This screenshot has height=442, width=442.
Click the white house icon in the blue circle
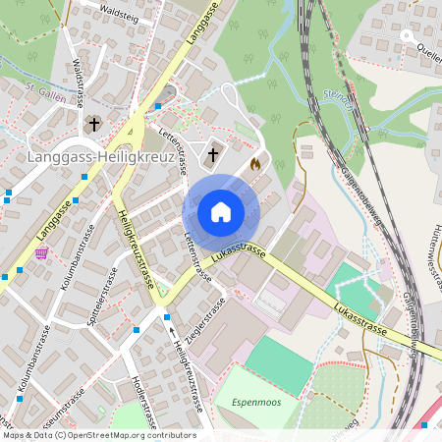[x=220, y=211]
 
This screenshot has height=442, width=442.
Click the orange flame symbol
[x=256, y=164]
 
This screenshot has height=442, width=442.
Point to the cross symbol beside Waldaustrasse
[x=94, y=124]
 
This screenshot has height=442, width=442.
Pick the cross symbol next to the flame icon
[x=212, y=154]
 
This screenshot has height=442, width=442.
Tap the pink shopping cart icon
[x=41, y=252]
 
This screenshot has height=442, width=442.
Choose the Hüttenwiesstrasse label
[x=431, y=256]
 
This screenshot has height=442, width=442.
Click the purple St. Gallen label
[x=44, y=93]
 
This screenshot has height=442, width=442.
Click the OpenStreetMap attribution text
[x=98, y=435]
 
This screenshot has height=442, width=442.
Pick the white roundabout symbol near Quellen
[x=404, y=36]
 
